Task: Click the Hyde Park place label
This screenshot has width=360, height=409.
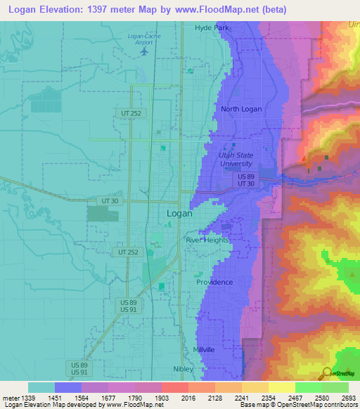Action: click(212, 27)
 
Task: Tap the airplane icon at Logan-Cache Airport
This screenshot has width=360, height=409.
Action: click(146, 51)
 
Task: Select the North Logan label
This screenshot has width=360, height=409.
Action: click(240, 109)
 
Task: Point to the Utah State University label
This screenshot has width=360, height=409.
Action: click(236, 159)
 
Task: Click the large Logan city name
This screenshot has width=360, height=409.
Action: click(179, 213)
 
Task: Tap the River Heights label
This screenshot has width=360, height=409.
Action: click(207, 240)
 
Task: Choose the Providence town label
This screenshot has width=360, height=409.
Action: click(214, 282)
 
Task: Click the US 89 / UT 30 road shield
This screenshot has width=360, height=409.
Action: click(246, 179)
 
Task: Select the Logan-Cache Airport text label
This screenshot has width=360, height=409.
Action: click(145, 39)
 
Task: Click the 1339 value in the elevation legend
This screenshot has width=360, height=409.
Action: click(29, 398)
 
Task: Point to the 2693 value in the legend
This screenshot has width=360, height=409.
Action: click(349, 398)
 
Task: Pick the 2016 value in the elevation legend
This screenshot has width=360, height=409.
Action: click(188, 398)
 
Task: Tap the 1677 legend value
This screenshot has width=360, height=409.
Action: click(108, 398)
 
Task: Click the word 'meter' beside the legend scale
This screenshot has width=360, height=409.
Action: click(10, 398)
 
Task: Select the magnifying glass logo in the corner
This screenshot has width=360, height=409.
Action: click(326, 373)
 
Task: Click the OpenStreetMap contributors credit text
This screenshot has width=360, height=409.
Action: click(316, 405)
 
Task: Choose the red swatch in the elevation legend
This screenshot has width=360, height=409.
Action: click(174, 387)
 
